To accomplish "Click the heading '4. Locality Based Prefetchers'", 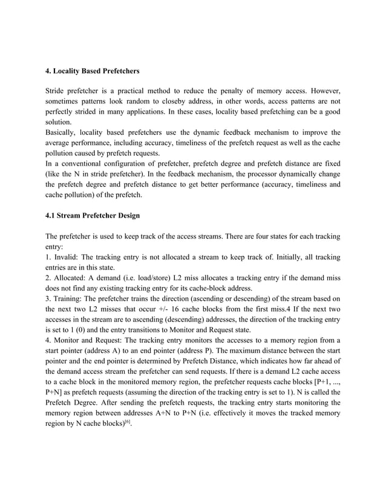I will pos(93,71).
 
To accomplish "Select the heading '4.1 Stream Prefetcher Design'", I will pos(93,215).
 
